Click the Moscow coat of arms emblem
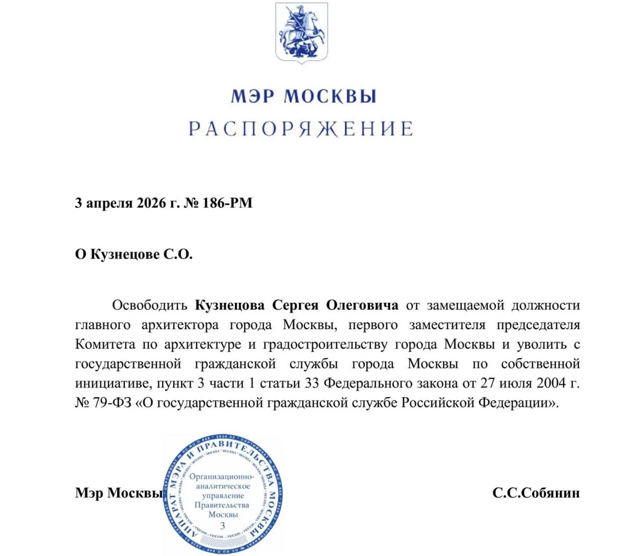click(x=301, y=32)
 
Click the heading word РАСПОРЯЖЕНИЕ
click(x=301, y=129)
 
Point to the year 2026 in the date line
click(x=152, y=203)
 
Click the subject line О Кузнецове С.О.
click(x=133, y=254)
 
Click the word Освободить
click(x=150, y=305)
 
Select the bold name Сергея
click(x=295, y=305)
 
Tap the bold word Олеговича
click(x=362, y=305)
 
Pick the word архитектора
click(x=180, y=325)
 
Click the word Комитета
click(x=105, y=344)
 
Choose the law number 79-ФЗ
click(x=112, y=402)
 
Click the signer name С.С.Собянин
click(x=536, y=493)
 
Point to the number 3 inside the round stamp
click(x=223, y=526)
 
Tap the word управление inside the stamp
click(x=223, y=496)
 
